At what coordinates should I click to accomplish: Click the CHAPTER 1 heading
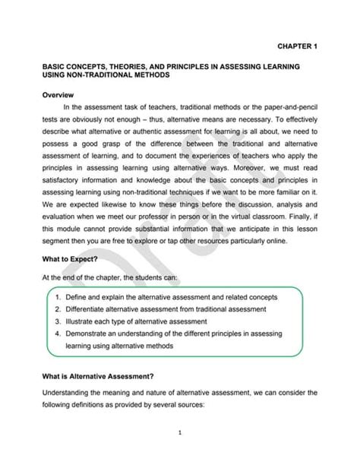pyautogui.click(x=291, y=46)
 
